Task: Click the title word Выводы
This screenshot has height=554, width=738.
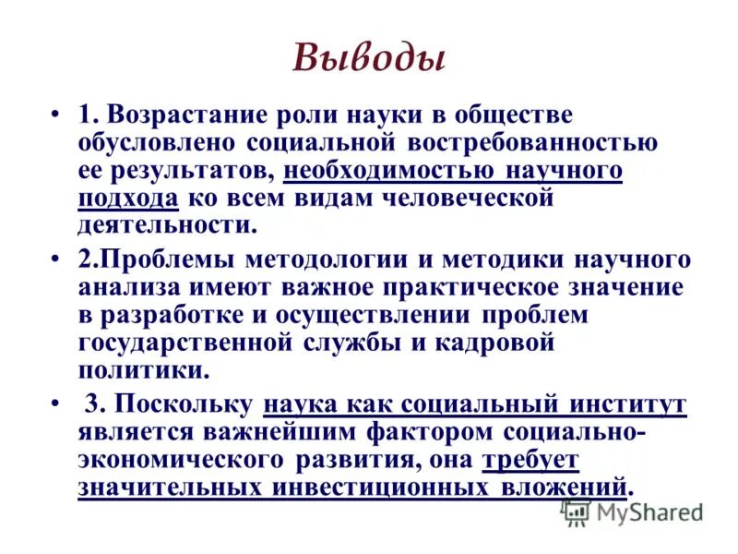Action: [x=369, y=58]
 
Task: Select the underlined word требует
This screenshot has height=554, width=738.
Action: [x=530, y=459]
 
